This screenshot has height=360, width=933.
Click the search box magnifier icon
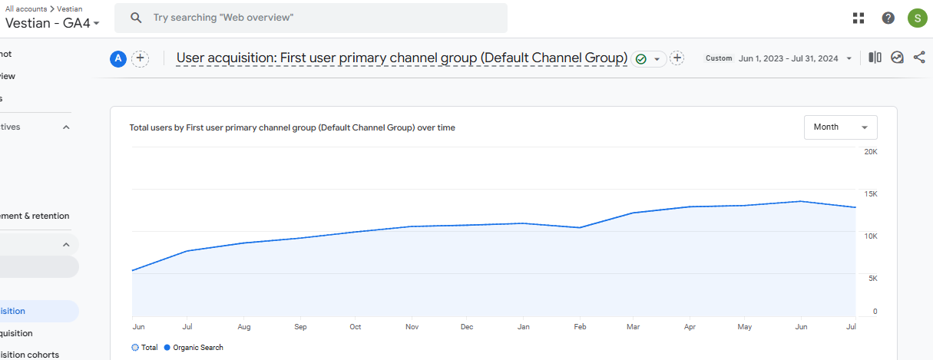tap(136, 18)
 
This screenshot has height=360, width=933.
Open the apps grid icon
tap(859, 18)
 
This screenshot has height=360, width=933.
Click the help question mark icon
tap(888, 18)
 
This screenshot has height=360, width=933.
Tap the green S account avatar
tap(917, 18)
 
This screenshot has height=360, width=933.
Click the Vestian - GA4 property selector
tap(52, 23)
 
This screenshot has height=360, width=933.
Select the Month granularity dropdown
tap(840, 127)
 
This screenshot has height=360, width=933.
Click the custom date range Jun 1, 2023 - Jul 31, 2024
tap(789, 58)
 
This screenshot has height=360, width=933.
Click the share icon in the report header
tap(919, 58)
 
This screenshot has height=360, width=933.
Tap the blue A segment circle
tap(118, 58)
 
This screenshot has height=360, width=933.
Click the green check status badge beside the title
tap(641, 59)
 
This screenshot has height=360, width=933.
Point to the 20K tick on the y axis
tap(871, 152)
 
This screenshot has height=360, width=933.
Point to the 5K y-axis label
tap(872, 278)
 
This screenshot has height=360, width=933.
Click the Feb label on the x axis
tap(580, 327)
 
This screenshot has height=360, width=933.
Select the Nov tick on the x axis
tap(412, 327)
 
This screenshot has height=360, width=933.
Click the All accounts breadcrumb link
tap(25, 8)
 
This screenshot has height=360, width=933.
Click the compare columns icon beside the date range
tap(875, 58)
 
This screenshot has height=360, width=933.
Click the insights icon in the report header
tap(897, 58)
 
